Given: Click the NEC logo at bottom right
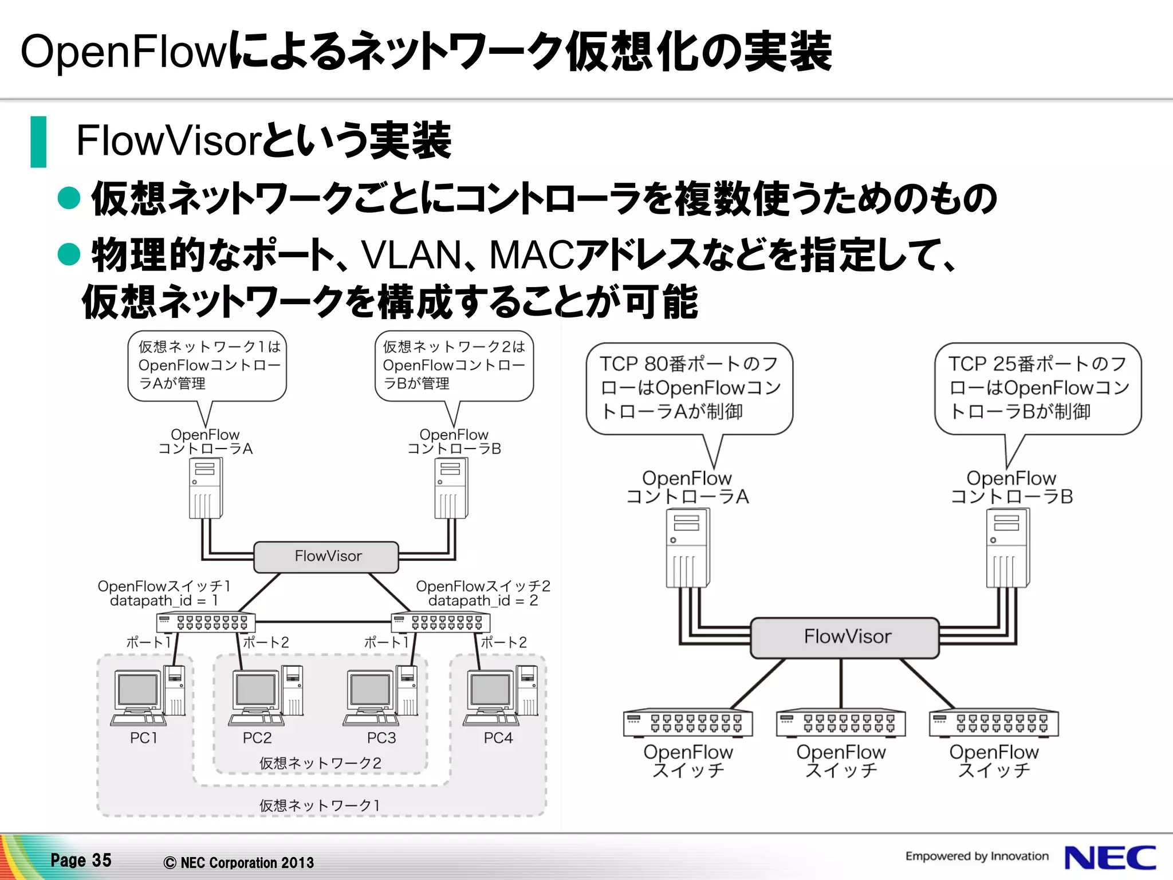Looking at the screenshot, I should (1109, 858).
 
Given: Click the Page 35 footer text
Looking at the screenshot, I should (81, 860).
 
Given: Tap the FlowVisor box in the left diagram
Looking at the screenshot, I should (326, 557).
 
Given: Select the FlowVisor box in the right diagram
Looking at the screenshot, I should (845, 637).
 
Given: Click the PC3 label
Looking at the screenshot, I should (381, 738).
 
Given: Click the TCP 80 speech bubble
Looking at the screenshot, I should (689, 388).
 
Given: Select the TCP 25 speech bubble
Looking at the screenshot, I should (1037, 388).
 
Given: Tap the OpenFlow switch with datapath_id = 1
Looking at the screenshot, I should (206, 622).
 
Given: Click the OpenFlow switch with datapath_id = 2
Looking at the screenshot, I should (440, 622).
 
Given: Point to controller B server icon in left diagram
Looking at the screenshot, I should (451, 488).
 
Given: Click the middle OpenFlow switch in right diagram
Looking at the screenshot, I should (840, 723).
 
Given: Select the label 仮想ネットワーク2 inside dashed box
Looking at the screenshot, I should (320, 763).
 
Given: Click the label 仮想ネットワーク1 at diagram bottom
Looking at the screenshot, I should (320, 806).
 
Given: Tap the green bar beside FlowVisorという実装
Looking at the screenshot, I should (38, 142).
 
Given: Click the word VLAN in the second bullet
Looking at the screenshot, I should (411, 255).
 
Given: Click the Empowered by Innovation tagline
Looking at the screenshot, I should (977, 856).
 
